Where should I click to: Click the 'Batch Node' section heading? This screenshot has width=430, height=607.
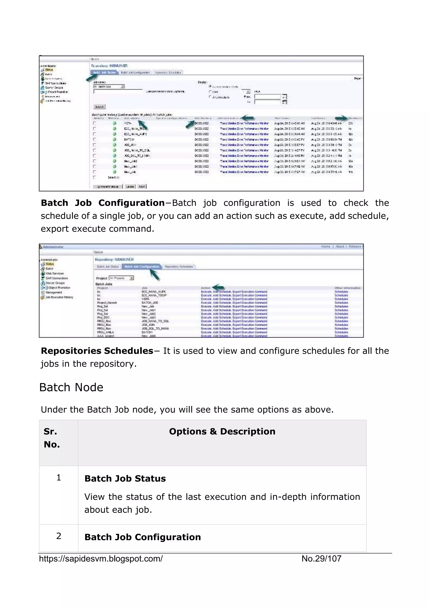coord(71,388)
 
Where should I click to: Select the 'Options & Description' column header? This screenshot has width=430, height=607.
coord(222,431)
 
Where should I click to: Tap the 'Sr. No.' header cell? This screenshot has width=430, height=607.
coord(52,438)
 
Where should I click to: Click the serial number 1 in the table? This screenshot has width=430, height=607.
coord(59,477)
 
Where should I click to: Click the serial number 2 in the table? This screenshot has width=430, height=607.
coord(59,536)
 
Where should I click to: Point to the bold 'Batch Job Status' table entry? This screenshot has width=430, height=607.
coord(125,479)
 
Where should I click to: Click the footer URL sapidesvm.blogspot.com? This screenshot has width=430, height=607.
coord(101,559)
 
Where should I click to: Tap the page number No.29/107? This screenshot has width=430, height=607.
coord(321,559)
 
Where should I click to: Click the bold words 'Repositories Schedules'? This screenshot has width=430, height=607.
coord(97,351)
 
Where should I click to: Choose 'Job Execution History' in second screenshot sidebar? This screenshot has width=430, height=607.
coord(59,297)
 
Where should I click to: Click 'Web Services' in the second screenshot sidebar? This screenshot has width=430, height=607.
coord(55,273)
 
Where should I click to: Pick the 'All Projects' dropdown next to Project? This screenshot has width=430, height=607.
coord(121,278)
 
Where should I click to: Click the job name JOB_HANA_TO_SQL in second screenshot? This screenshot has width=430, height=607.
coord(155,321)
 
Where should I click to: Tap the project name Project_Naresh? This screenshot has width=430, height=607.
coord(107,302)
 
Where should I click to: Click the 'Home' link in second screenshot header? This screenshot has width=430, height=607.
coord(325,246)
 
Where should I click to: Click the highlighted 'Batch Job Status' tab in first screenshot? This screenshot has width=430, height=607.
coord(104,73)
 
